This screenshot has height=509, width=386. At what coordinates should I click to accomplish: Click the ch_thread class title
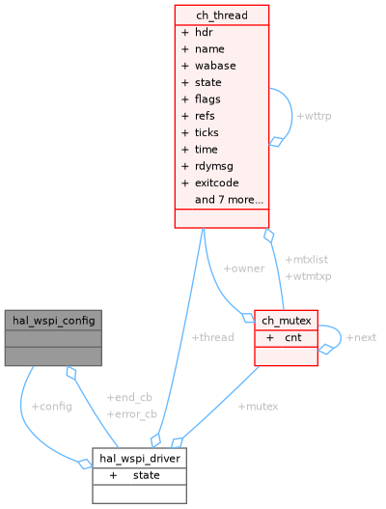pos(221,14)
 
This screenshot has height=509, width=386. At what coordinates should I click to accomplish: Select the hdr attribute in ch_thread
pos(204,32)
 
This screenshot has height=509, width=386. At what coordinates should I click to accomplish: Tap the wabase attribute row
pos(214,66)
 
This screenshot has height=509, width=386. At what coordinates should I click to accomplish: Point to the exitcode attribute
pos(216,183)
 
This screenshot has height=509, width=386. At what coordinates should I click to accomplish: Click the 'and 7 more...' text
pos(229,200)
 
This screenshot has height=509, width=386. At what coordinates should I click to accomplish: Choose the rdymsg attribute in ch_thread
pos(215,166)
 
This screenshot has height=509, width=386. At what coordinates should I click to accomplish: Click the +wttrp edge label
pos(314,116)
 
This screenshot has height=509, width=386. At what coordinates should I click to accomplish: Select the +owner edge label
pos(243,269)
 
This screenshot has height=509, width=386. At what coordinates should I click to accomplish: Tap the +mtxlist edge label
pos(307,260)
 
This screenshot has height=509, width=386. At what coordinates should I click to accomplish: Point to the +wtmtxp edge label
pos(308,276)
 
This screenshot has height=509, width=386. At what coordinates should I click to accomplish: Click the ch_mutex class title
pos(286,321)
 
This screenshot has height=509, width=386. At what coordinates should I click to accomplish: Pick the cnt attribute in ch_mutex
pos(292,338)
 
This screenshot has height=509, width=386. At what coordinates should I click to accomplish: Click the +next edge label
pos(361,337)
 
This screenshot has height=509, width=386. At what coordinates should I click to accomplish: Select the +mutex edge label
pos(258,407)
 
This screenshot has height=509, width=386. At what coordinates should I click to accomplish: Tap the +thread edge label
pos(212,337)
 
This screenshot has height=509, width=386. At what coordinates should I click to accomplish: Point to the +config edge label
pos(51,407)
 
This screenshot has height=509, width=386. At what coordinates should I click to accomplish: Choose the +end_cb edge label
pos(129,398)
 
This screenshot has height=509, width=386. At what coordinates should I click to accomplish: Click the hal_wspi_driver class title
pos(139,458)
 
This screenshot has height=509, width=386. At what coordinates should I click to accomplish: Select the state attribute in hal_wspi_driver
pos(147,475)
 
